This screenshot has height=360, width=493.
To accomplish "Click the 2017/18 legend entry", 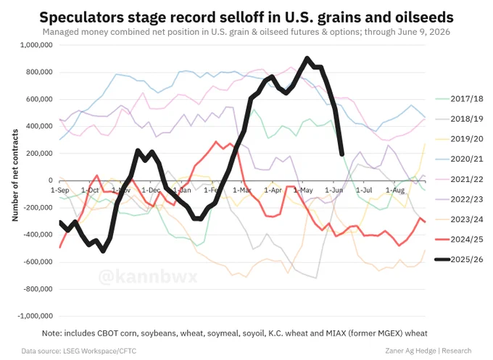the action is tap(460, 99).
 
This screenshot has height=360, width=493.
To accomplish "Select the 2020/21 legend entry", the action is tap(460, 159).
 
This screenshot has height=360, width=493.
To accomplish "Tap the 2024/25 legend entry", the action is tap(460, 239).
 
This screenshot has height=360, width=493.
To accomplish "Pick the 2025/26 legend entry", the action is tap(460, 259).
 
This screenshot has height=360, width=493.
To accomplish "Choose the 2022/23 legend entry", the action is tap(460, 199).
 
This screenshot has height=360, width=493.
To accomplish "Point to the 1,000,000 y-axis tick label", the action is tap(36, 45).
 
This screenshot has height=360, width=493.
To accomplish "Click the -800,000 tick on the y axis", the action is tap(38, 289).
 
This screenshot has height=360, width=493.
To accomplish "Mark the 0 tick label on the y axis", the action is tap(50, 180).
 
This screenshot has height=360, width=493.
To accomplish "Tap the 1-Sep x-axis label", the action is tap(59, 190).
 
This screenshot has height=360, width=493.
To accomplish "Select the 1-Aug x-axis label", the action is tap(395, 190).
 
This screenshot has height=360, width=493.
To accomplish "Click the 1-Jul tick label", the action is tap(364, 190).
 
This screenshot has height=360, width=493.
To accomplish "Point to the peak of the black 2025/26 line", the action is tap(307, 58).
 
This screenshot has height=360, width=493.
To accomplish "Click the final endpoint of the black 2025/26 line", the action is tap(341, 154).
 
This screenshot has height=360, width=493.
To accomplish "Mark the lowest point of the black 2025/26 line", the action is tap(103, 251).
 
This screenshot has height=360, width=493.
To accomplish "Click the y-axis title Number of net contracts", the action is tap(15, 175).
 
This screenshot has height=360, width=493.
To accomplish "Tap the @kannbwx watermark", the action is tap(148, 277).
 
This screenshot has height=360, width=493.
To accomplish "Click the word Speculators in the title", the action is tap(82, 17).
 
